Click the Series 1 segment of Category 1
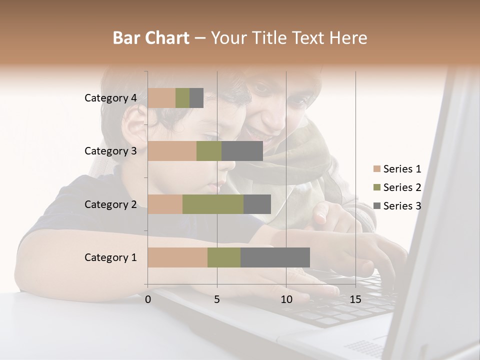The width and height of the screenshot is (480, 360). [177, 257]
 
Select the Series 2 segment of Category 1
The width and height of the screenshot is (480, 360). [224, 257]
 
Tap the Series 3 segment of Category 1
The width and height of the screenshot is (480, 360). [275, 257]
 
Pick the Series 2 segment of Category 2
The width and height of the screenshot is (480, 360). [213, 204]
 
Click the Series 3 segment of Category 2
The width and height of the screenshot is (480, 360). [257, 204]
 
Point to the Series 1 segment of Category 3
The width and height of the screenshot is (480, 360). [172, 151]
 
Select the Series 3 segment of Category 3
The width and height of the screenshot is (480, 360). [242, 151]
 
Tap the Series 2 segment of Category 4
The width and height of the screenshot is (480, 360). [182, 98]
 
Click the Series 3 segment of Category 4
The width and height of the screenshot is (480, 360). [196, 98]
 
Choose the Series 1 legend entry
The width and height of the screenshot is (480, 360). [397, 169]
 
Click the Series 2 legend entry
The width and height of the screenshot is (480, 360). [397, 187]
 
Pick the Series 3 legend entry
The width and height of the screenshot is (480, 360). [397, 205]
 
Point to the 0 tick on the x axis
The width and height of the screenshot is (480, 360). [148, 299]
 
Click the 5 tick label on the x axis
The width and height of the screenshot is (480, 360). [217, 299]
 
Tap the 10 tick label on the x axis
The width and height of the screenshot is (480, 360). [286, 299]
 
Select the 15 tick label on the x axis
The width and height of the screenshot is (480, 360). [355, 299]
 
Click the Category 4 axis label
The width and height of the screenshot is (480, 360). [110, 98]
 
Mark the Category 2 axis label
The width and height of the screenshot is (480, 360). [110, 204]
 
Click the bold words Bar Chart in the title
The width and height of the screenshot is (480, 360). [150, 38]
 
